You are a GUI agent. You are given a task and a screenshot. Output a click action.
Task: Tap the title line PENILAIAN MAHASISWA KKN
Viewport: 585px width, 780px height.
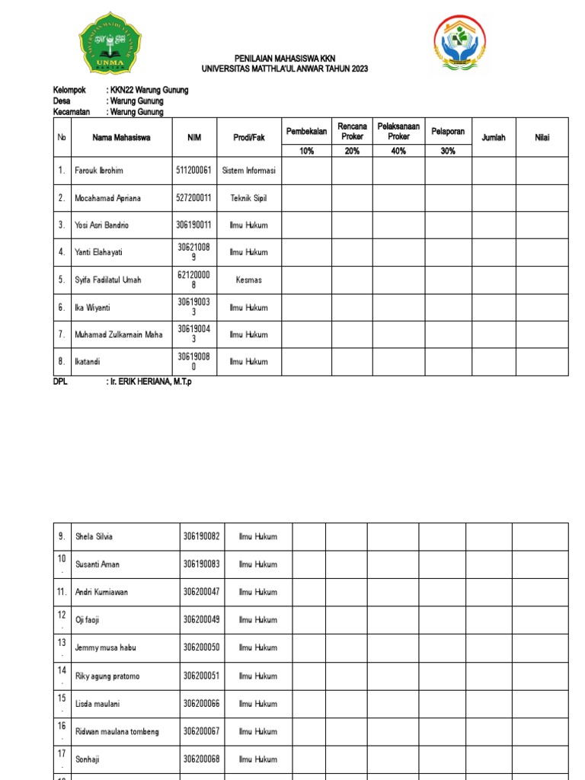pos(284,59)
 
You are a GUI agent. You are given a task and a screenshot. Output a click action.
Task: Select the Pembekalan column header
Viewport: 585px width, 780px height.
pos(306,132)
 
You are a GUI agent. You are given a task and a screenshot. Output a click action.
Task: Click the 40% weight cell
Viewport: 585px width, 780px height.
pos(398,151)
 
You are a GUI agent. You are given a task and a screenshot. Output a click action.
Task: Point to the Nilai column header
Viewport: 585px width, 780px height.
pos(542,138)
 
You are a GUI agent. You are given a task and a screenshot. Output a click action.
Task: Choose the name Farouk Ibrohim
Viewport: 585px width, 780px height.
pos(98,171)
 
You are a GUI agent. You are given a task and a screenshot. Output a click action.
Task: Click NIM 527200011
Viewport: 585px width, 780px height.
pos(193,198)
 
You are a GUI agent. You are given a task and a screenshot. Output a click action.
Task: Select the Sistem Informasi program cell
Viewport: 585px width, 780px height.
pos(248,171)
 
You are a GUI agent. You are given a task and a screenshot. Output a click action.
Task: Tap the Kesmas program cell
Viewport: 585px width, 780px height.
pos(248,280)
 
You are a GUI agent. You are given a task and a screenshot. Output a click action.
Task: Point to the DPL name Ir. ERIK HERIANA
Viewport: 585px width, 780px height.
pos(151,382)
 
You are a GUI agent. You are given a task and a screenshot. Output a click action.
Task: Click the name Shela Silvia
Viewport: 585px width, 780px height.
pos(94,536)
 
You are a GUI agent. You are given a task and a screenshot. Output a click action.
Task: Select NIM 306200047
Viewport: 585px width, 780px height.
pos(201,592)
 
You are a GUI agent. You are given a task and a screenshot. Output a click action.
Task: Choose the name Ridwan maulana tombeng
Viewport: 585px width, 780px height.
pos(117,731)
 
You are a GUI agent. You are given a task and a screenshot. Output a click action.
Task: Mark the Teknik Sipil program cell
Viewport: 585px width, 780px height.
pos(248,198)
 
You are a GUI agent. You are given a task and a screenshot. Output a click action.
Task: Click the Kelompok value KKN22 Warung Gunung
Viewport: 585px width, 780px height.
pos(149,90)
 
